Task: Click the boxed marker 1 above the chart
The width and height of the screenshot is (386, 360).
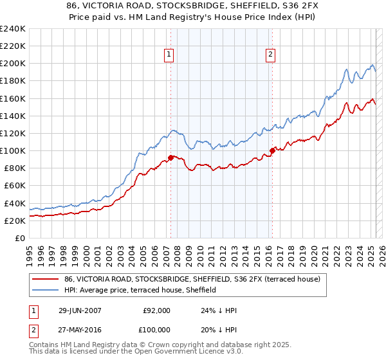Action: (x=169, y=55)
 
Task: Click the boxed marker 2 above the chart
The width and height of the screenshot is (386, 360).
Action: (x=270, y=55)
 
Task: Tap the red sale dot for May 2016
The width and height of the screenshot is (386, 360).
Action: (x=272, y=150)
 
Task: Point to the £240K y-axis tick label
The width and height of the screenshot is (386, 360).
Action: (x=13, y=29)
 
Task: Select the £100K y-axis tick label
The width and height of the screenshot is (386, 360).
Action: (x=13, y=150)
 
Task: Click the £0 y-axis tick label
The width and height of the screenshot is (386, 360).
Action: (x=21, y=238)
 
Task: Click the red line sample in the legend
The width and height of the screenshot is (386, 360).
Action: (x=46, y=279)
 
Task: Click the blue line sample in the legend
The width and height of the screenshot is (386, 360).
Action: (x=46, y=290)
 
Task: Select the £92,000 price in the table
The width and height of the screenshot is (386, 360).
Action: (x=156, y=310)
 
